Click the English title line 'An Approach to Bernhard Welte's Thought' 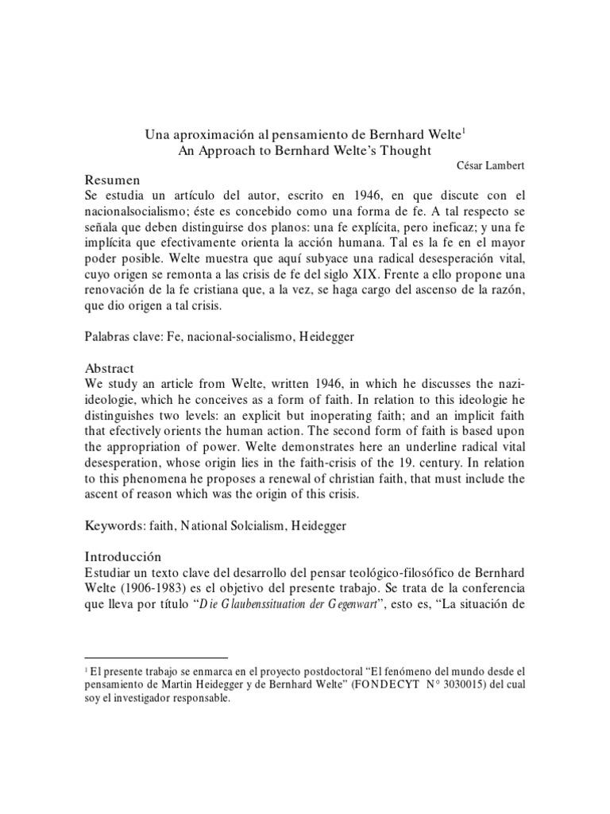[x=306, y=151]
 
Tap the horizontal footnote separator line [x=156, y=657]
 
